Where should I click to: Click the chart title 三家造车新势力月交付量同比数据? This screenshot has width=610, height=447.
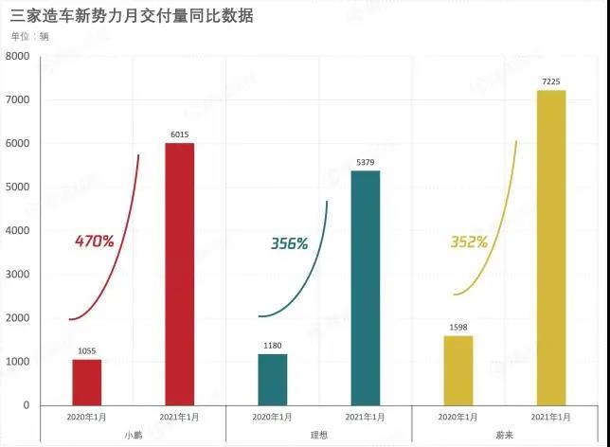coord(132,16)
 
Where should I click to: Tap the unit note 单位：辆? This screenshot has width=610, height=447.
coord(29,37)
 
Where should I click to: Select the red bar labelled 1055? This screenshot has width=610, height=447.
coord(86,382)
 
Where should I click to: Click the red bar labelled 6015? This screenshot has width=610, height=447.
coord(179,274)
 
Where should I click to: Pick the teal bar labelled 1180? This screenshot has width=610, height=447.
coord(272,379)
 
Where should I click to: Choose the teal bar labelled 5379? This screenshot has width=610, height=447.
coord(365,288)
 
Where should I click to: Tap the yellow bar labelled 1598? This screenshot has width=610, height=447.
coord(457,370)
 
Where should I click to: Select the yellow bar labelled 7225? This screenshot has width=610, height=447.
coord(550,247)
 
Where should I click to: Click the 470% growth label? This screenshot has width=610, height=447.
coord(94,241)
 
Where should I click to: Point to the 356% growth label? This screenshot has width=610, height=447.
coord(289,243)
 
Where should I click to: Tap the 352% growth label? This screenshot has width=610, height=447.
coord(468,242)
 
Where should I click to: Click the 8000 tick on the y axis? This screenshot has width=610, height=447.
coord(19,57)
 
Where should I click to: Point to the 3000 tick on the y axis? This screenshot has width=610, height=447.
coord(19,275)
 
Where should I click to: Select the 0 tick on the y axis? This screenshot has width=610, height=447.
coord(27,405)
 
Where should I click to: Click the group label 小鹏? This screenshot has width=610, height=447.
coord(133,435)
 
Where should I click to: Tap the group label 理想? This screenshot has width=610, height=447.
coord(318,435)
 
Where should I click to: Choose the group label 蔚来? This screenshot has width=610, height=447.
coord(504,435)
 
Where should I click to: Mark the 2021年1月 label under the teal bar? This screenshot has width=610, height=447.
coord(365,417)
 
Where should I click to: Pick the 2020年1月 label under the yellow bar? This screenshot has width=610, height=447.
coord(457,417)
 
